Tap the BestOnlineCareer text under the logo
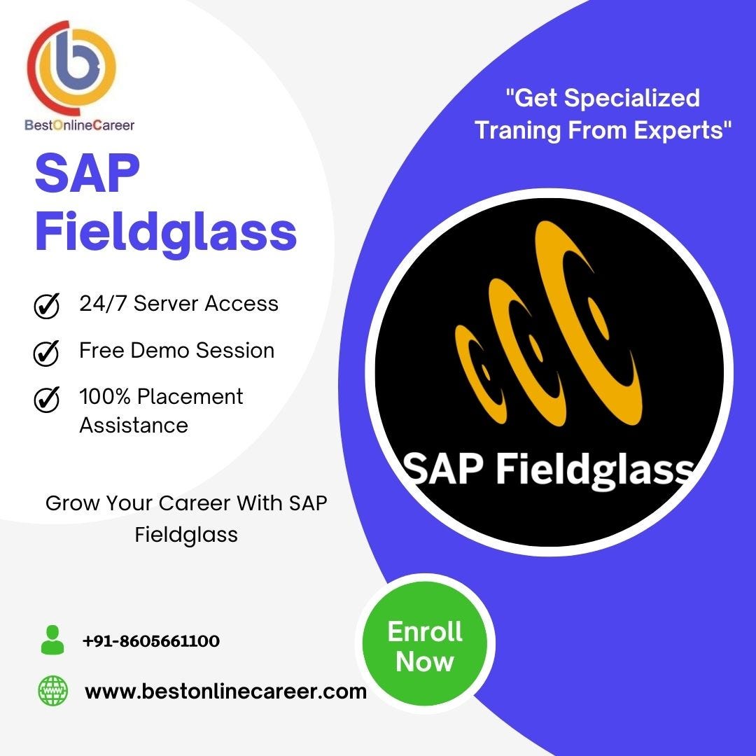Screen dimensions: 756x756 [79, 125]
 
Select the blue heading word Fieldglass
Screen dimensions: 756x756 [166, 232]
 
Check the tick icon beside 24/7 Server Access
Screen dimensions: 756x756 [46, 306]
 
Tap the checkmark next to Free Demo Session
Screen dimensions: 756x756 [46, 353]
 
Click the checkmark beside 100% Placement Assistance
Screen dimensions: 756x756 [46, 399]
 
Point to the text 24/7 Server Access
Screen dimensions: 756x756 [178, 304]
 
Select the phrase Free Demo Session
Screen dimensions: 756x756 [176, 350]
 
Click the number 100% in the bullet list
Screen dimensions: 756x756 [105, 396]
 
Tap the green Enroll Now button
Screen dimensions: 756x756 [425, 646]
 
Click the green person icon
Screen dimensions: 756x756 [52, 640]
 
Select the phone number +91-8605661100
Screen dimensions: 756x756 [150, 640]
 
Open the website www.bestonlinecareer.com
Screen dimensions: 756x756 [225, 692]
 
